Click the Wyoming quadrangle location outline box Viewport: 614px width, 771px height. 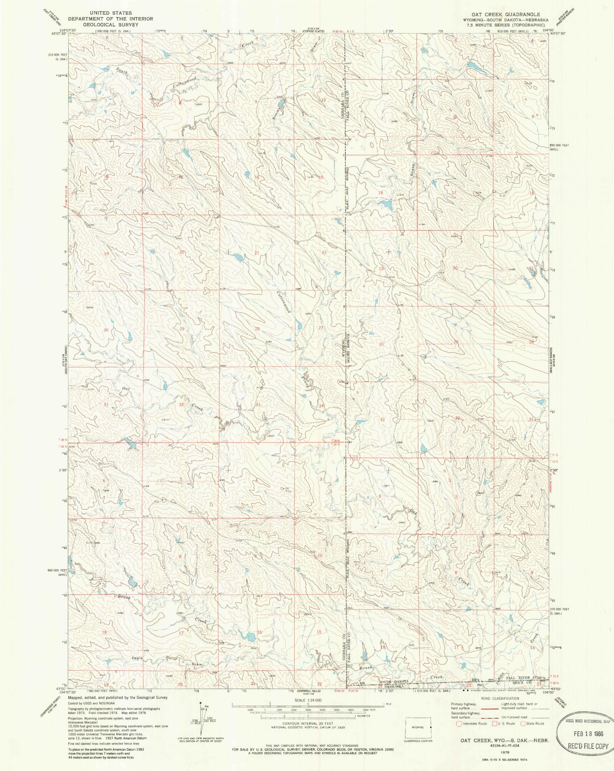click(418, 727)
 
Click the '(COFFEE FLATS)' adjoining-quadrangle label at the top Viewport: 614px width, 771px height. click(316, 31)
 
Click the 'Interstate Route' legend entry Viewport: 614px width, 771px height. click(475, 723)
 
